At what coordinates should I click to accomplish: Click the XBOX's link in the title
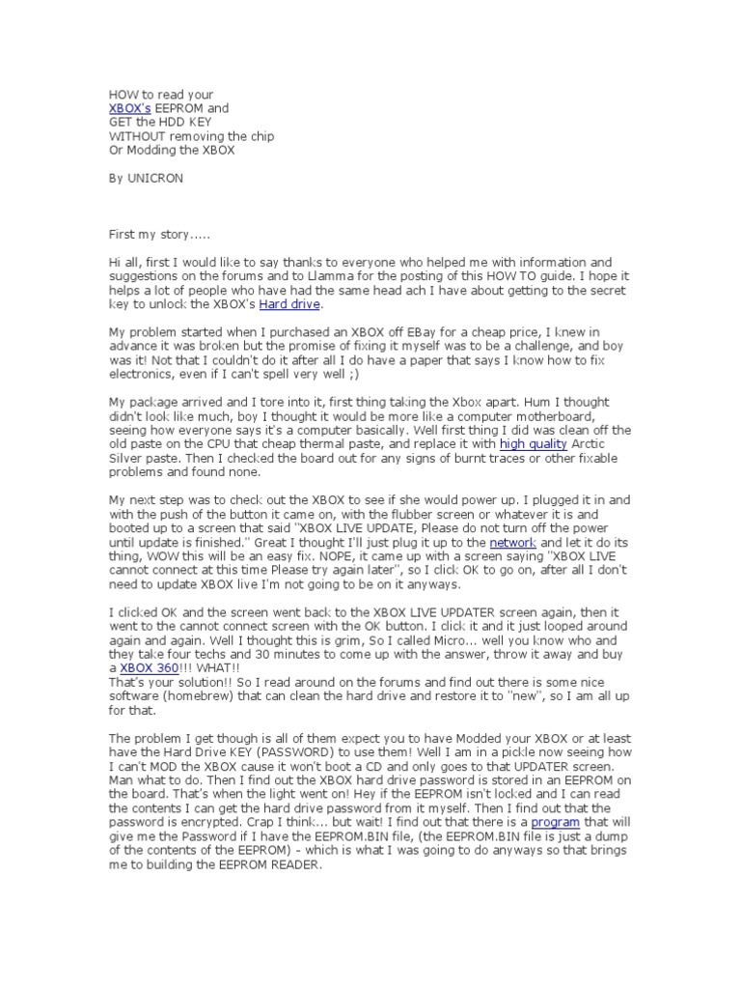coord(130,109)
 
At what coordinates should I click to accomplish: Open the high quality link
coord(534,443)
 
